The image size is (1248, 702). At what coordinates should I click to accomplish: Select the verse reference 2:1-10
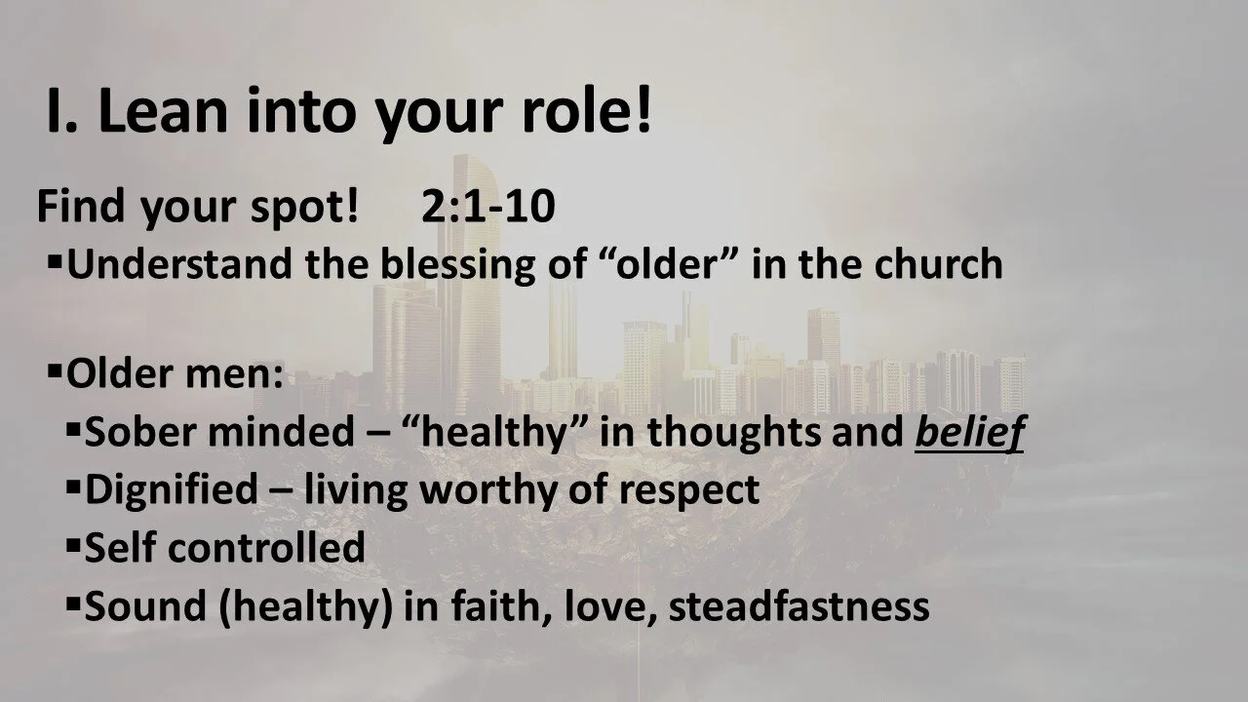coord(488,208)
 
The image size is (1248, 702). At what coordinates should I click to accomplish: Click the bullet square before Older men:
coord(55,371)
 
